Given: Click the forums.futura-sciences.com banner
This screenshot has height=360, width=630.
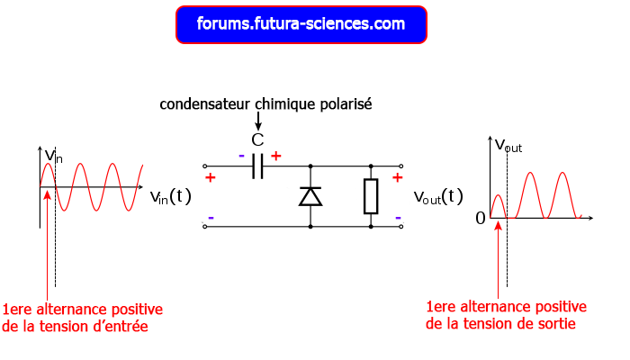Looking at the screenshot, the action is tap(301, 24).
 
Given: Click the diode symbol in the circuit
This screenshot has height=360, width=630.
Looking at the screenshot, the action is tap(310, 195).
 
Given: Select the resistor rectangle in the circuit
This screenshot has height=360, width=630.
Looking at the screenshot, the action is tap(371, 196).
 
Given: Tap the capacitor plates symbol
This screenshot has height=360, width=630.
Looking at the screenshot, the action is tap(257, 166).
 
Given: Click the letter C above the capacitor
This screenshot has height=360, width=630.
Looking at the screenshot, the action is tap(257, 139).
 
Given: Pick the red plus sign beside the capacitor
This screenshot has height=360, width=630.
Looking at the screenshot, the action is tap(275, 156).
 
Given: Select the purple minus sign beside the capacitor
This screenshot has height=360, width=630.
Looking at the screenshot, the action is tap(241, 156).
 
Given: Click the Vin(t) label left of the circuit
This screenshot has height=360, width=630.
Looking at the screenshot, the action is tap(171, 195).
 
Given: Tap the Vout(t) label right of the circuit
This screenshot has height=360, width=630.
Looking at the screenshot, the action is tap(438, 196).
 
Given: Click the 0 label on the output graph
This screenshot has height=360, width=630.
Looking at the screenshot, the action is tap(480, 218).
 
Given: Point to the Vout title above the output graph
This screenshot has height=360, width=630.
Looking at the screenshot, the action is tap(508, 144).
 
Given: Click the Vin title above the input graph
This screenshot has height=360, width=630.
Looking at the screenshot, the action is tap(54, 156).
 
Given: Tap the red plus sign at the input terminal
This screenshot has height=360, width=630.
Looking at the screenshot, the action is tap(211, 178).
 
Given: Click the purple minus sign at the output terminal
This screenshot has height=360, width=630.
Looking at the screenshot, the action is tap(397, 216).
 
